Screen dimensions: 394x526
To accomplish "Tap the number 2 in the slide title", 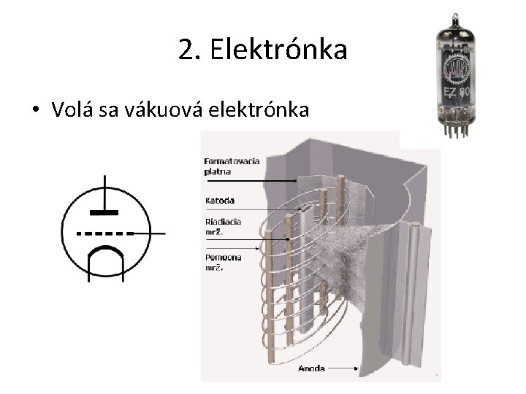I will click(x=185, y=50).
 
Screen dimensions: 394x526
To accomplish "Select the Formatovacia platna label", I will click(x=224, y=166).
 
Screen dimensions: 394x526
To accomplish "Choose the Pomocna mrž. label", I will click(x=224, y=262).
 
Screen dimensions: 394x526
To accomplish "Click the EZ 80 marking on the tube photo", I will click(x=459, y=93).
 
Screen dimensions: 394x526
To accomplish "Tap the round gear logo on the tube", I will click(x=458, y=69).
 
